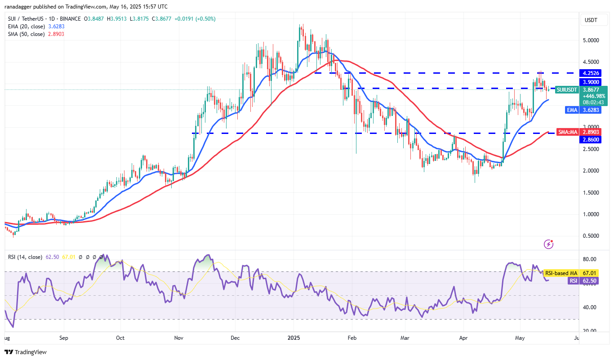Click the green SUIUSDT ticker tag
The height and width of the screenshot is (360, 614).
[567, 90]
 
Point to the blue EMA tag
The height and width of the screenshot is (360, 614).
[571, 110]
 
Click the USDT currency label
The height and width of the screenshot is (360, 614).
[590, 20]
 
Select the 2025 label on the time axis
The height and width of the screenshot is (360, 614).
[294, 338]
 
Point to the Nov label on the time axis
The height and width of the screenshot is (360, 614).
[179, 338]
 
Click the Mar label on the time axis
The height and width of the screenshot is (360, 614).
[406, 338]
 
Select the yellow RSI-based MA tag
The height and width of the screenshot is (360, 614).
[561, 273]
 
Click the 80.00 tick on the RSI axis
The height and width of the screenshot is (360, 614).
[590, 260]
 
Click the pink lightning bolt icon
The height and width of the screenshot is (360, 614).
[548, 244]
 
